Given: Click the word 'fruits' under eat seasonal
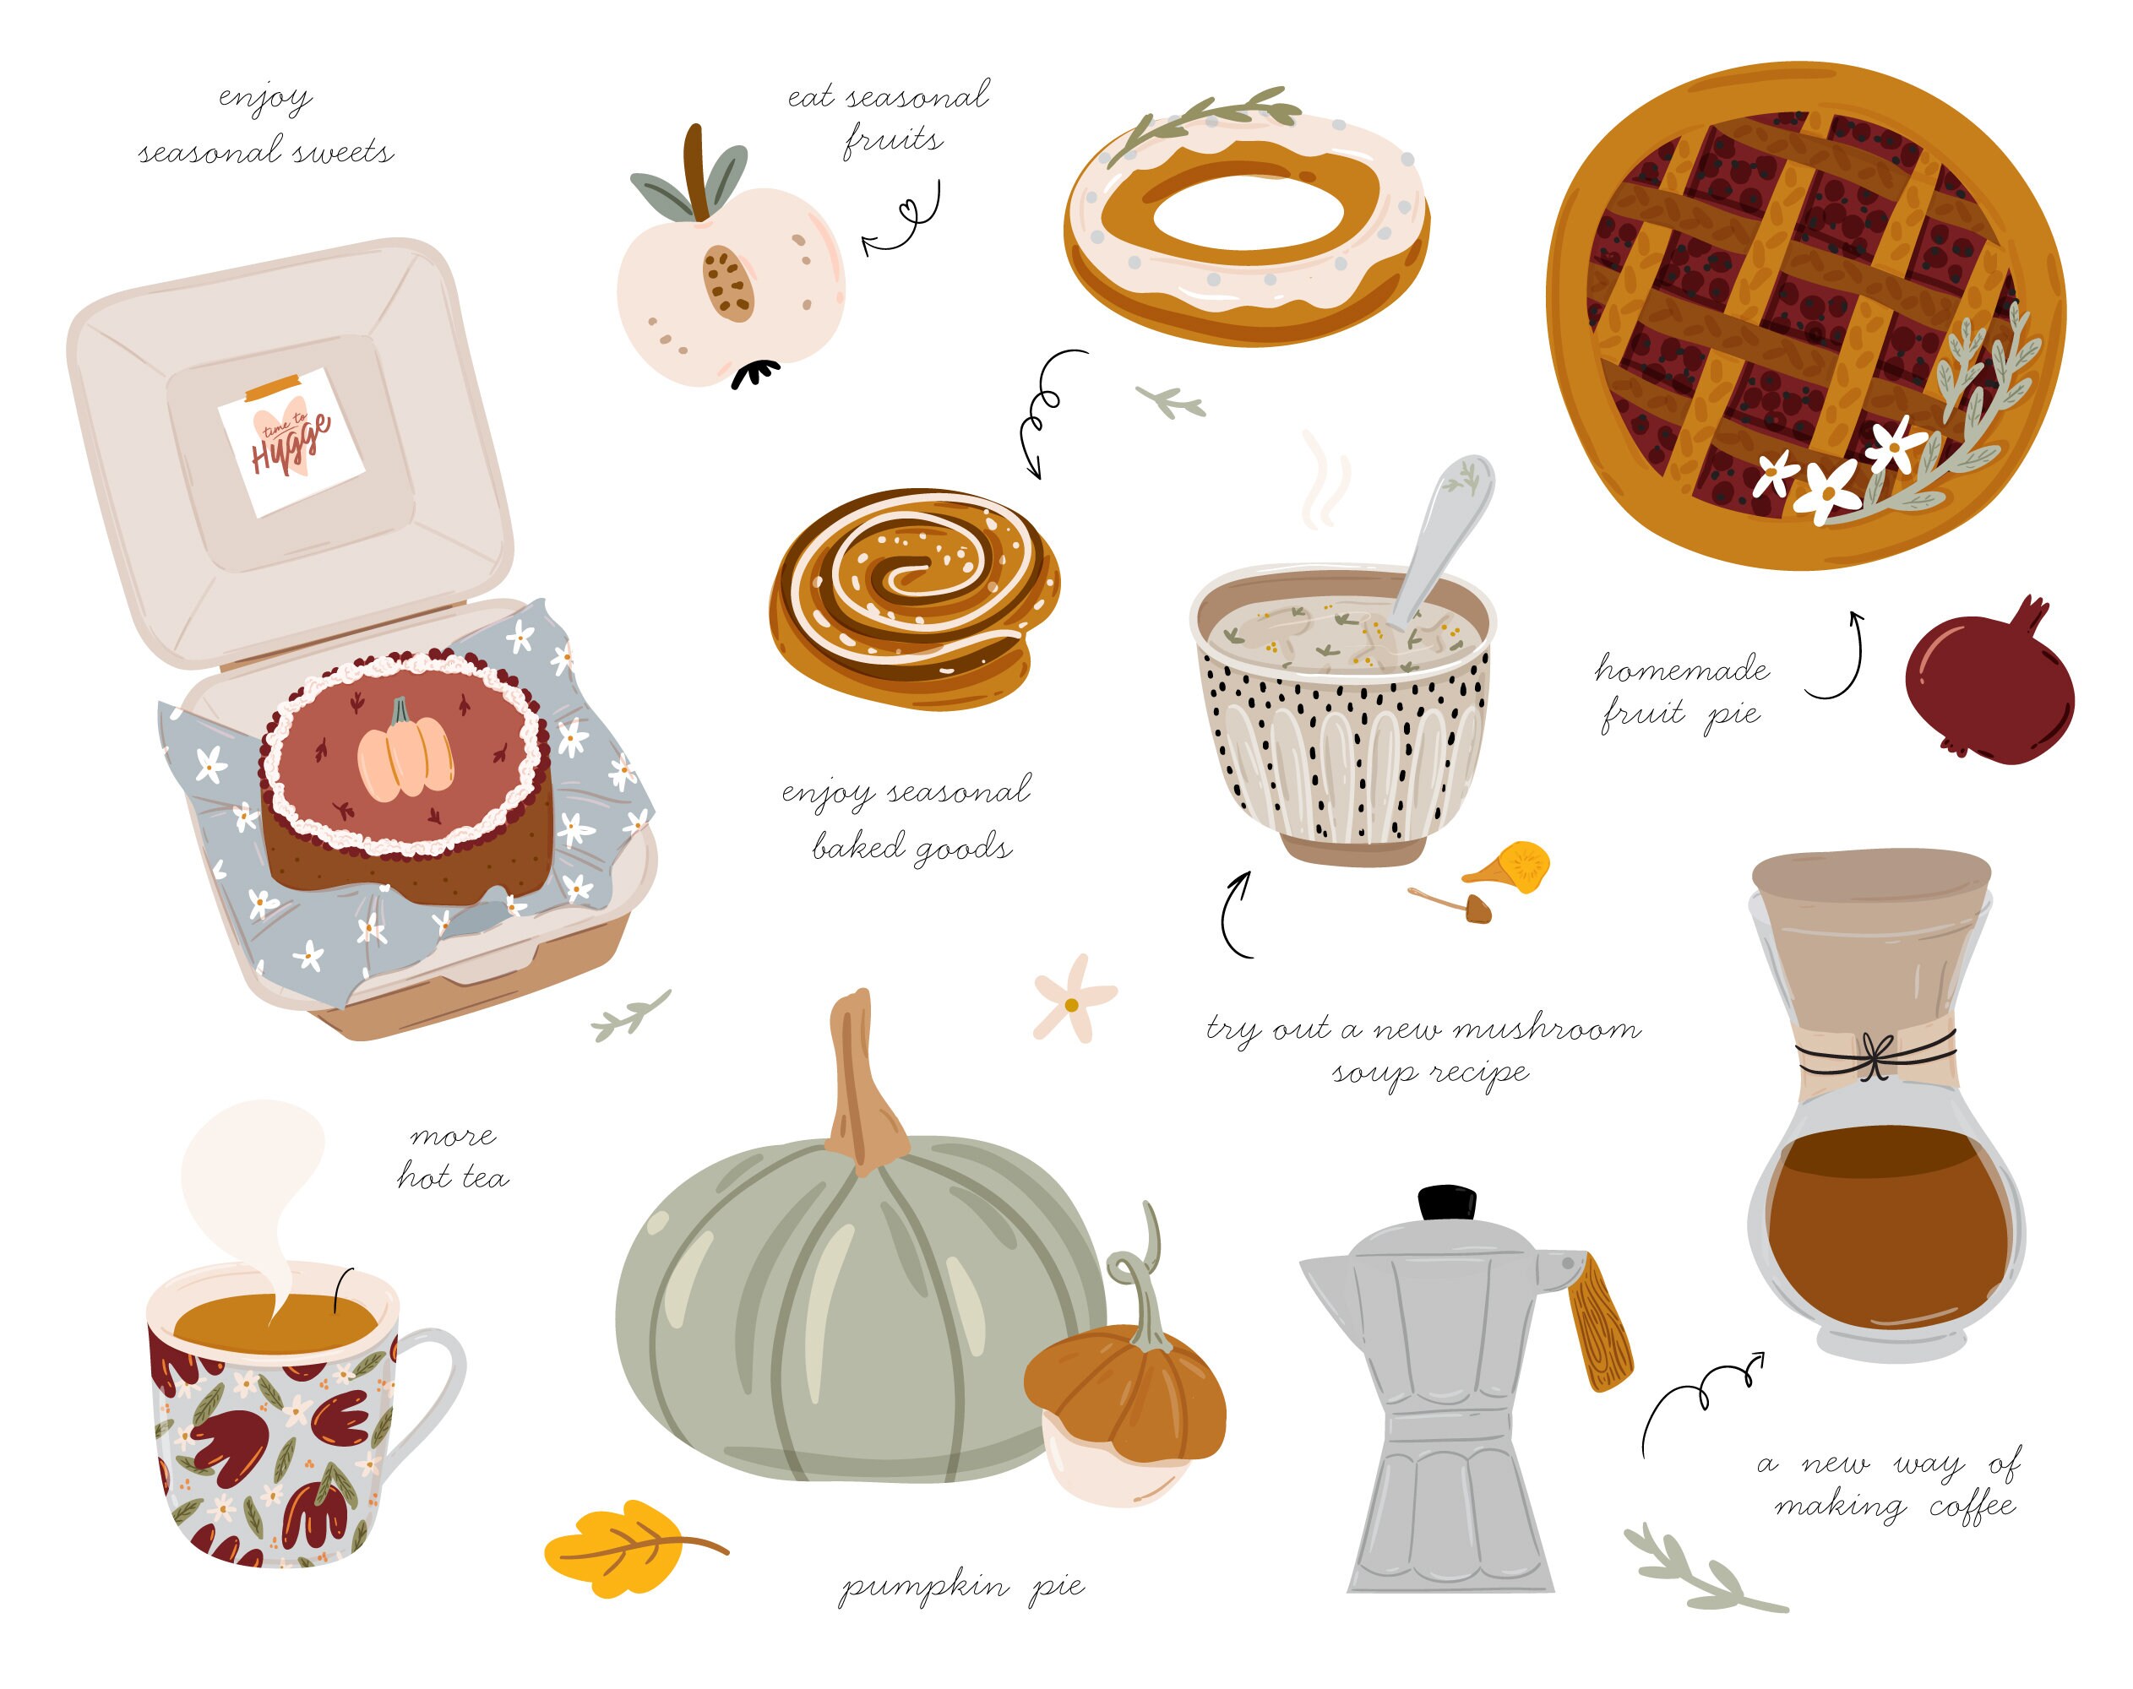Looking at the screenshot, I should (x=892, y=140).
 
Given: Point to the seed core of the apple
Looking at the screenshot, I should (x=728, y=283).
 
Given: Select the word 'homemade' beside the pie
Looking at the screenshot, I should (x=1681, y=671).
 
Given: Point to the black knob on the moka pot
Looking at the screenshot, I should (x=1446, y=1203).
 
